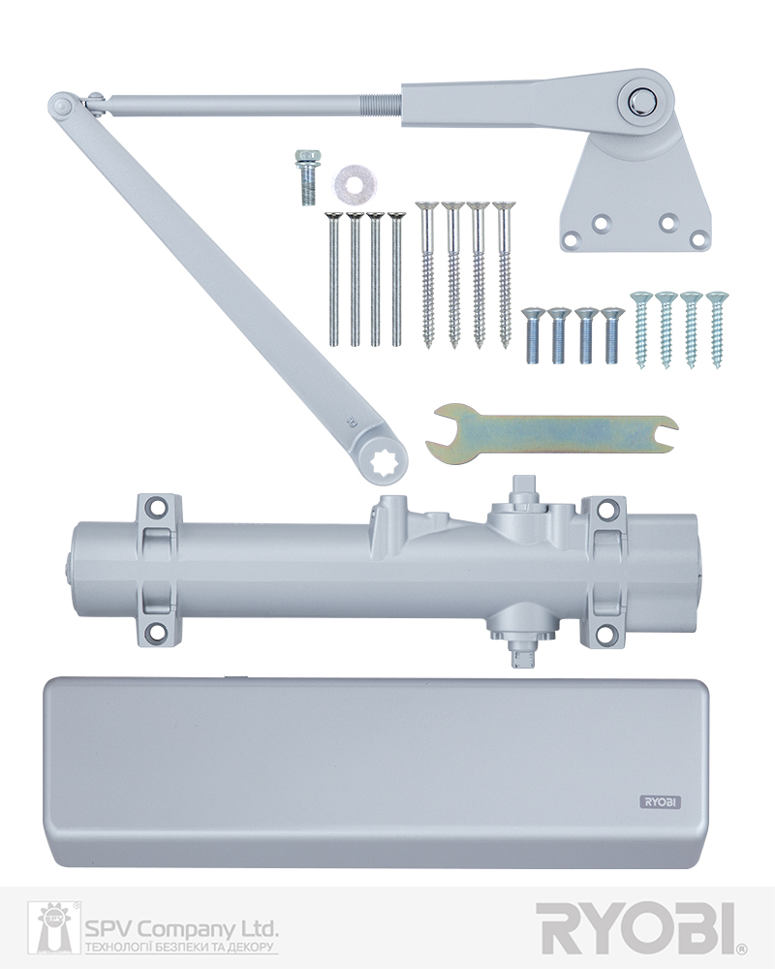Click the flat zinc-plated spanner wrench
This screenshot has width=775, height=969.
point(550,432)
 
